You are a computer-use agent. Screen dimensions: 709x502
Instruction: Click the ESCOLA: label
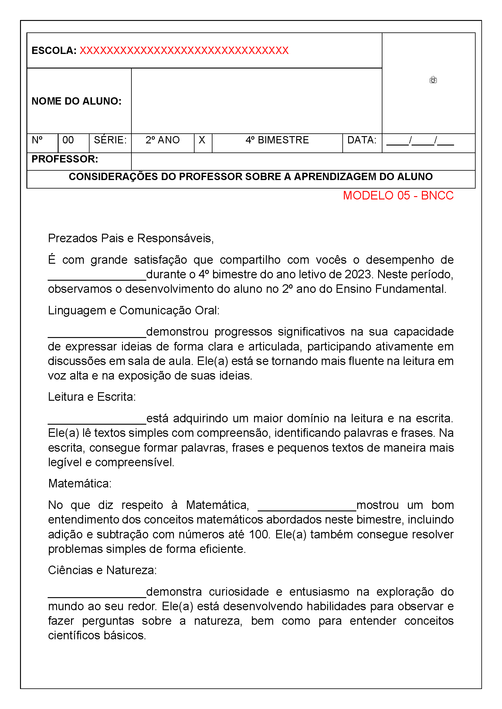(54, 51)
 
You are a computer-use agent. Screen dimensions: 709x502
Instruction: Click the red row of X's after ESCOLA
(184, 51)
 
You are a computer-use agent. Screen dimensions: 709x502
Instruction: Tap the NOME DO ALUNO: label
(76, 101)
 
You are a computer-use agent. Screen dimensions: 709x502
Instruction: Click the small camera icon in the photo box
(433, 80)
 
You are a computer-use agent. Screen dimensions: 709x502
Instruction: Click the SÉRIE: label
(110, 140)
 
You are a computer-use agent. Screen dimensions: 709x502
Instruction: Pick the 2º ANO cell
(163, 140)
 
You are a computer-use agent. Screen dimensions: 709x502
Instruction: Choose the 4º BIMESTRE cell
(277, 140)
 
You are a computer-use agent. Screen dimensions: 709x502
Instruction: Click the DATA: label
(362, 140)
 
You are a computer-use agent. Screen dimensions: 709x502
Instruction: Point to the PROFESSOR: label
(65, 159)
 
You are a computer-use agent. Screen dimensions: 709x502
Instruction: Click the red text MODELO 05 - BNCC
(398, 196)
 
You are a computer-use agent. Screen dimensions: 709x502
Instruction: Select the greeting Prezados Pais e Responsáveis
(131, 238)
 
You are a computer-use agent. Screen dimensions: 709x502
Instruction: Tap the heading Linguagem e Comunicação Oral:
(134, 311)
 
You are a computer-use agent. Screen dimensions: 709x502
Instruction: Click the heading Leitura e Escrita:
(92, 397)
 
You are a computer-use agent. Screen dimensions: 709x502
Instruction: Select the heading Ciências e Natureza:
(102, 570)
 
